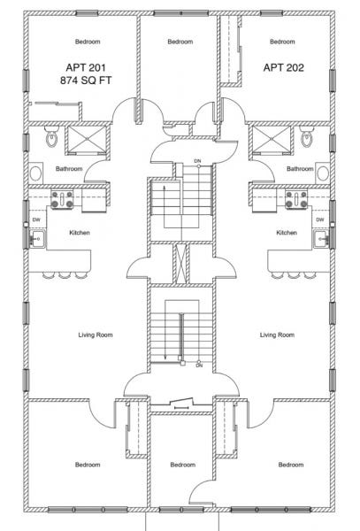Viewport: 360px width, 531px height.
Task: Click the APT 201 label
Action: [86, 67]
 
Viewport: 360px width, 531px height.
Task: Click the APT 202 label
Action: [284, 67]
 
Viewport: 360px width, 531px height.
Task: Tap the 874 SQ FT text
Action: [86, 81]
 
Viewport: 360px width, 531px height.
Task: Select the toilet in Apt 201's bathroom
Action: [52, 136]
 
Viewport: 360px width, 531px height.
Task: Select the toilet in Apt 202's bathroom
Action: [307, 136]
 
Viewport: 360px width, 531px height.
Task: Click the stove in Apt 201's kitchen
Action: [62, 199]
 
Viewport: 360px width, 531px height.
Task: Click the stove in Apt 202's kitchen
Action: [296, 199]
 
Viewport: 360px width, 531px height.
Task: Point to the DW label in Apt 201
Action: [36, 219]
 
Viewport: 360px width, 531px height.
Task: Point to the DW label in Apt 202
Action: [319, 219]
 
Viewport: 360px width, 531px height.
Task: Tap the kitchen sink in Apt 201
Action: [37, 239]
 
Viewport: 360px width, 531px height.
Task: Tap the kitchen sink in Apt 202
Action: [321, 239]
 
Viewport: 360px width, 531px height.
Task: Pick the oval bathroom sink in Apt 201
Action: [35, 173]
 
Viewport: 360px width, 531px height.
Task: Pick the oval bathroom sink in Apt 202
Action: [323, 173]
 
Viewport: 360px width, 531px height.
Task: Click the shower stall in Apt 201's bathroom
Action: [87, 139]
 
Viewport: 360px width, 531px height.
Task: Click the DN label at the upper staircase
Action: [197, 161]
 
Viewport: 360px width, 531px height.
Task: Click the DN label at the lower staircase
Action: [199, 366]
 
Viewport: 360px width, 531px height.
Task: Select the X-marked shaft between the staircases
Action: [181, 264]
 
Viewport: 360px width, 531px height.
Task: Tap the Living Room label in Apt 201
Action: [96, 335]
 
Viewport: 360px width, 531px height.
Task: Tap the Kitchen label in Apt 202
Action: [287, 233]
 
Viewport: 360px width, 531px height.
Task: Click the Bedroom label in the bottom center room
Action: [183, 465]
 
